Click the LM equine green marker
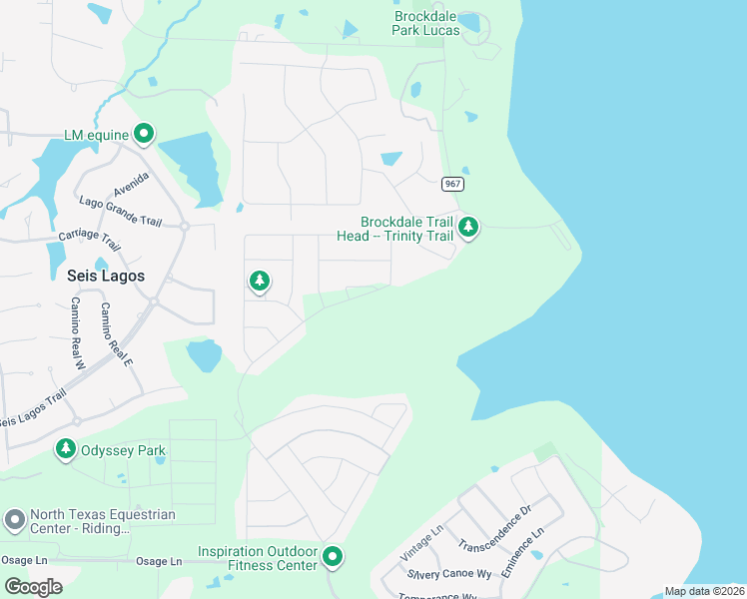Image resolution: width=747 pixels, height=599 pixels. point(144,133)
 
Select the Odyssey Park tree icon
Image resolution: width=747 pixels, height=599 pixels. point(66,450)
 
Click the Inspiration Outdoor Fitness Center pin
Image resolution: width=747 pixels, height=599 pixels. point(333,557)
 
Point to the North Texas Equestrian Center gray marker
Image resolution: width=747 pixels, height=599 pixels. point(14,520)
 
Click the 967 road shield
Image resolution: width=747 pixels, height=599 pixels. point(452,184)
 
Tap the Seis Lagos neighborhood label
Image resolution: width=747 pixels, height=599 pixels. point(106,276)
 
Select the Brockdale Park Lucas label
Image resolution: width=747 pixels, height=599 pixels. point(426,23)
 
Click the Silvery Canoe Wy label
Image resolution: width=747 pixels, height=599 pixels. point(449,575)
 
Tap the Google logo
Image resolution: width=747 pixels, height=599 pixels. point(34,587)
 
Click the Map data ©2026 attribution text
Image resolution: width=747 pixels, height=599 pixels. point(704,591)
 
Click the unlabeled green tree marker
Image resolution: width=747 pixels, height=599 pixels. point(260,282)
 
